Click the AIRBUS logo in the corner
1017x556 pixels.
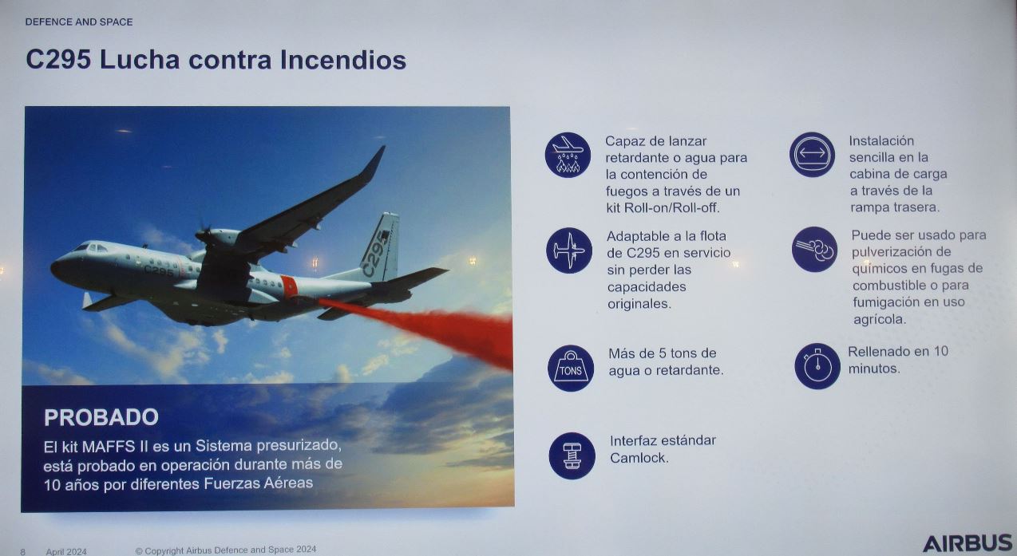point(968,543)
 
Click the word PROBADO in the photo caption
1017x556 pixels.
point(101,417)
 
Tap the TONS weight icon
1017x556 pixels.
point(570,368)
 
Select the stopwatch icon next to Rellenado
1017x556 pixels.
point(817,366)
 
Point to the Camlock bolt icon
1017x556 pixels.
point(572,455)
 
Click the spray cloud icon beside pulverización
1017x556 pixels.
point(814,250)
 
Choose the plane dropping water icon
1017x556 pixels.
point(568,155)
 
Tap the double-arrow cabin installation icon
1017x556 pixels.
point(812,154)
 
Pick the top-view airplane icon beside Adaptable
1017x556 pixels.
point(569,250)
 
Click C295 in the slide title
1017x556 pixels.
point(58,60)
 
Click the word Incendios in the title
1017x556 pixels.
point(343,60)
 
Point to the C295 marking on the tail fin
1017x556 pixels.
point(376,254)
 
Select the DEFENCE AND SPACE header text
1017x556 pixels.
point(79,22)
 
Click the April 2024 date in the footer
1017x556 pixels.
point(66,551)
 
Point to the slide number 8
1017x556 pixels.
point(22,552)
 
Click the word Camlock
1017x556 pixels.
point(639,458)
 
